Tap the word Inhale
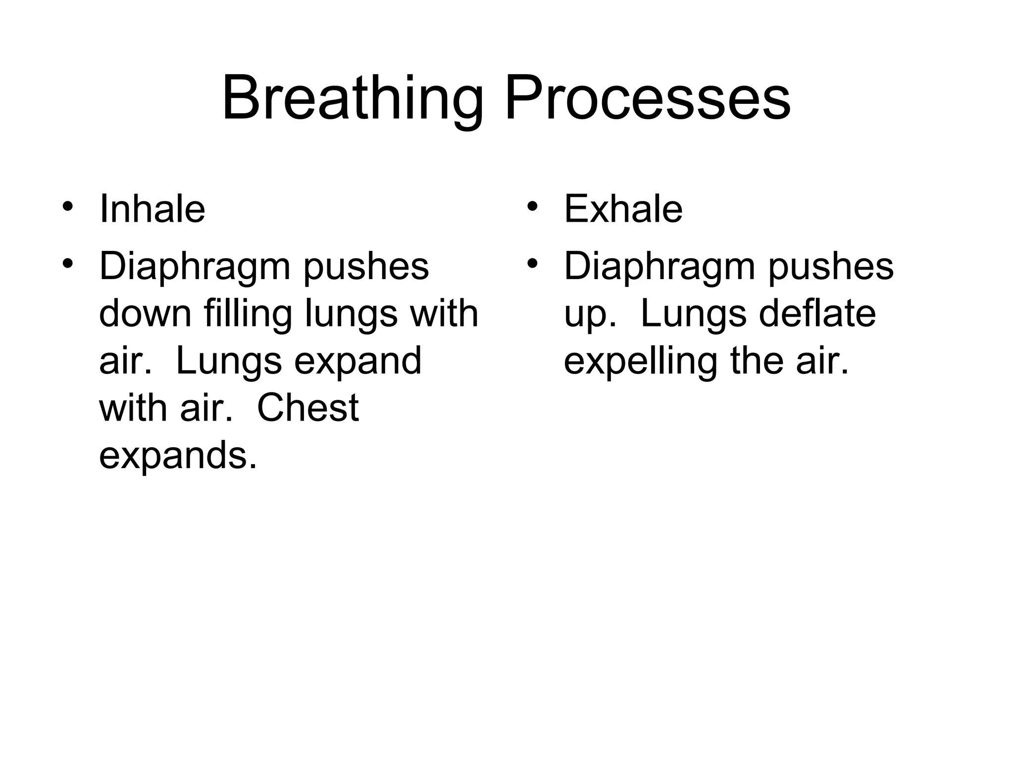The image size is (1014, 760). click(152, 209)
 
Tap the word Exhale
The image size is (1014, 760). click(623, 209)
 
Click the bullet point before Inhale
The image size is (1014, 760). click(68, 206)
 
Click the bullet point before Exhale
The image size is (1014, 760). click(532, 206)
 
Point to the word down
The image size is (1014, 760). click(145, 314)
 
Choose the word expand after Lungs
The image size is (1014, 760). click(357, 361)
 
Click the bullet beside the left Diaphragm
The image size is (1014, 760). click(68, 263)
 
